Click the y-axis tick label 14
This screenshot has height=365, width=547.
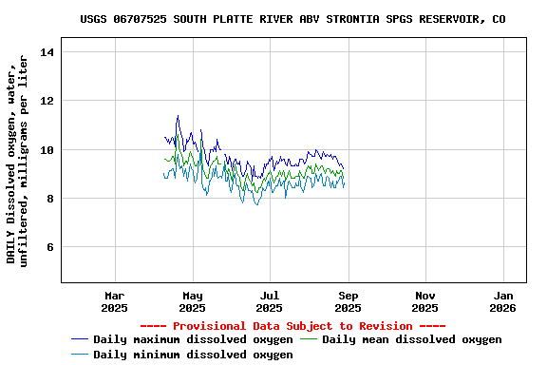[x=47, y=51]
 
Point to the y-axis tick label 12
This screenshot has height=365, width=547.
[x=47, y=101]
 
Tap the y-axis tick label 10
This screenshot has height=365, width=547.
[x=47, y=150]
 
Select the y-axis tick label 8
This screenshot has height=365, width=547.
[x=49, y=199]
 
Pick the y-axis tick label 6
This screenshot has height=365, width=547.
[x=49, y=248]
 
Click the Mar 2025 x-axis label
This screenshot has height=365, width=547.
[x=114, y=301]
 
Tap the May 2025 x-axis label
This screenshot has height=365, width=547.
[x=192, y=301]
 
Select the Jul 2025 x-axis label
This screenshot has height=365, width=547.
[x=270, y=301]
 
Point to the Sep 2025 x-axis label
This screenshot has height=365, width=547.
[x=348, y=301]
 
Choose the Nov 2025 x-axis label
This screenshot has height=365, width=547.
[x=425, y=301]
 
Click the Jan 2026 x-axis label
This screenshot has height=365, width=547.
[x=503, y=301]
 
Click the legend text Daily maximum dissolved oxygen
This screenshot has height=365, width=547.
[x=193, y=339]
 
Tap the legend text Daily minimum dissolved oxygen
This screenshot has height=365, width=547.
[x=193, y=355]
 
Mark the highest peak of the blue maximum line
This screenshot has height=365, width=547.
[x=178, y=116]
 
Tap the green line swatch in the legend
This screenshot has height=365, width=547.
[x=310, y=339]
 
